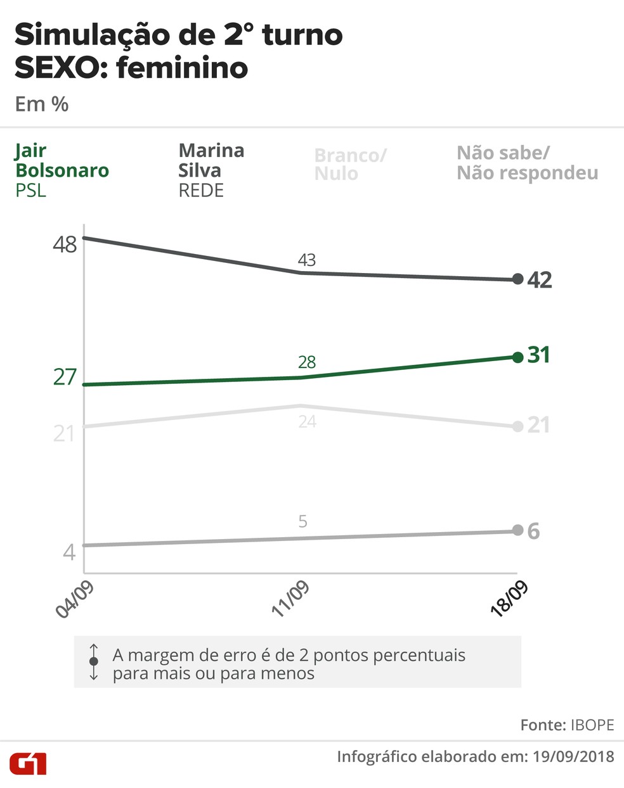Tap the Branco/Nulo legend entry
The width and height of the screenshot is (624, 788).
(x=350, y=164)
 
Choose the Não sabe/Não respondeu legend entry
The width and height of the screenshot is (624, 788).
(x=527, y=163)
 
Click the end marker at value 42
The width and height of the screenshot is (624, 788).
(x=517, y=279)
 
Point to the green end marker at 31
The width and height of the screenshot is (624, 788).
(x=517, y=357)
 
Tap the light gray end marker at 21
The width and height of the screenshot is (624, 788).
(x=517, y=426)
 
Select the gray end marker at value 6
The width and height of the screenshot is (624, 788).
(x=517, y=531)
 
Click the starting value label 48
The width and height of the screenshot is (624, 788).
(x=65, y=245)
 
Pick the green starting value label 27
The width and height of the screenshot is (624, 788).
(x=65, y=378)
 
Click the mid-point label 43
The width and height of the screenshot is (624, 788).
(x=307, y=260)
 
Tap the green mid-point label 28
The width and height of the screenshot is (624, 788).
(x=307, y=362)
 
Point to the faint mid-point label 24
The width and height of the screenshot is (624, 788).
(x=307, y=422)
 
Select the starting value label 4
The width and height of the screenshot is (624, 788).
(x=69, y=552)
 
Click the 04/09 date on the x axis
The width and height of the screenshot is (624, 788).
(x=75, y=599)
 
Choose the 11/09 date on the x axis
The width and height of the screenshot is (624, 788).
(x=290, y=599)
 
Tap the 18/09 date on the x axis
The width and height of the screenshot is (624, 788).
(x=509, y=599)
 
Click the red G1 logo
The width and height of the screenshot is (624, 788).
(x=28, y=763)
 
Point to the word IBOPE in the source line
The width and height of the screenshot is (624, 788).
(x=592, y=725)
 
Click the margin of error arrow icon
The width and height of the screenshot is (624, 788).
(x=94, y=662)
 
